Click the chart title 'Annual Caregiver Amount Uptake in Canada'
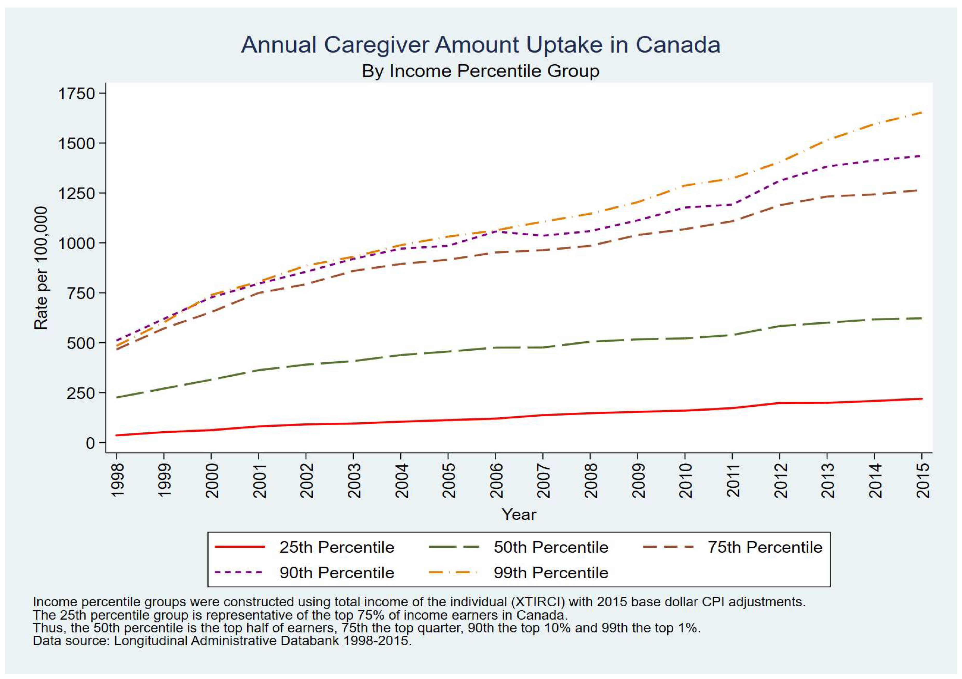pyautogui.click(x=480, y=45)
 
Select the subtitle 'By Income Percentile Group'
pyautogui.click(x=480, y=71)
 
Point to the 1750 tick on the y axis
pyautogui.click(x=77, y=93)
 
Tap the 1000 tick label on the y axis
pyautogui.click(x=77, y=243)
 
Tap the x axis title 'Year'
pyautogui.click(x=519, y=514)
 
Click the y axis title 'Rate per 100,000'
pyautogui.click(x=41, y=268)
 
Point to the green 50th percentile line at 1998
pyautogui.click(x=117, y=397)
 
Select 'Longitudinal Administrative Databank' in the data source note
pyautogui.click(x=226, y=641)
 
